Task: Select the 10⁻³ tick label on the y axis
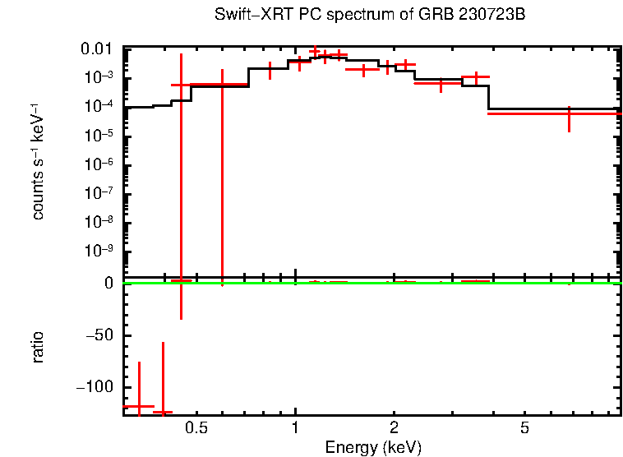click(100, 78)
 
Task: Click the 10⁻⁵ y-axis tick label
click(100, 136)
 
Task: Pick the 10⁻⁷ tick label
click(100, 193)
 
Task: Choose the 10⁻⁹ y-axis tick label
click(100, 251)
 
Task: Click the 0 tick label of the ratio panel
click(108, 284)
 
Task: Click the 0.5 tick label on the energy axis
click(196, 428)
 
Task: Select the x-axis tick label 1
click(295, 428)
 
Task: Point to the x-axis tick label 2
click(395, 428)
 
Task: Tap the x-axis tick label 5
click(524, 428)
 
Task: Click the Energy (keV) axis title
click(373, 447)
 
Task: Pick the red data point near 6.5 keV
click(569, 113)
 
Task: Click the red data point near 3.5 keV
click(475, 77)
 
